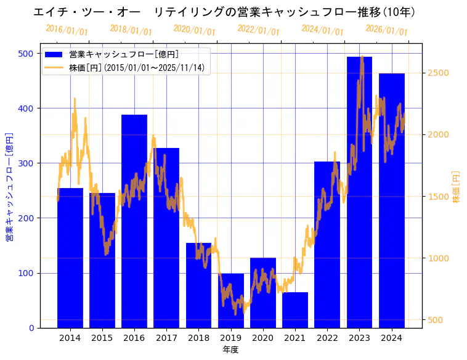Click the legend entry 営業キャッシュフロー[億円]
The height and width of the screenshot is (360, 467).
point(124,55)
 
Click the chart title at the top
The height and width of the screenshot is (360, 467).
point(224,12)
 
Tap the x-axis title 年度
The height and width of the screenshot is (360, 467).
point(230,350)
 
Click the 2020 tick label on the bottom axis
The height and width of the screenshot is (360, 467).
point(262,337)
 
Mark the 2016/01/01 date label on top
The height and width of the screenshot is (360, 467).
point(67,30)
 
